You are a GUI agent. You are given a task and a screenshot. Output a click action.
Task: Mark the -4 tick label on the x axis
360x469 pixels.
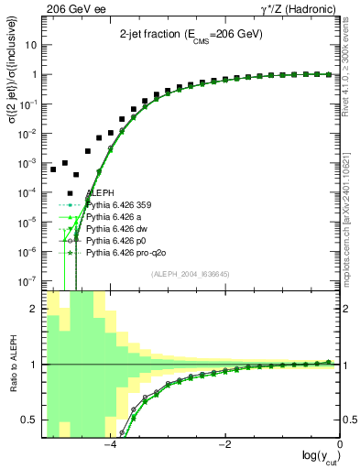tap(109, 445)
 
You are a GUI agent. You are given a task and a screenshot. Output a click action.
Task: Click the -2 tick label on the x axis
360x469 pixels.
tap(224, 445)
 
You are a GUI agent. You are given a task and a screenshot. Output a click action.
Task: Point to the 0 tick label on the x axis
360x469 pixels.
tap(340, 445)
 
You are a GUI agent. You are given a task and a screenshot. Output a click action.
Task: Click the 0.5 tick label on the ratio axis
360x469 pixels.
tap(31, 420)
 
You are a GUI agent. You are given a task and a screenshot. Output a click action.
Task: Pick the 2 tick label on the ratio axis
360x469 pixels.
tap(36, 309)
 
